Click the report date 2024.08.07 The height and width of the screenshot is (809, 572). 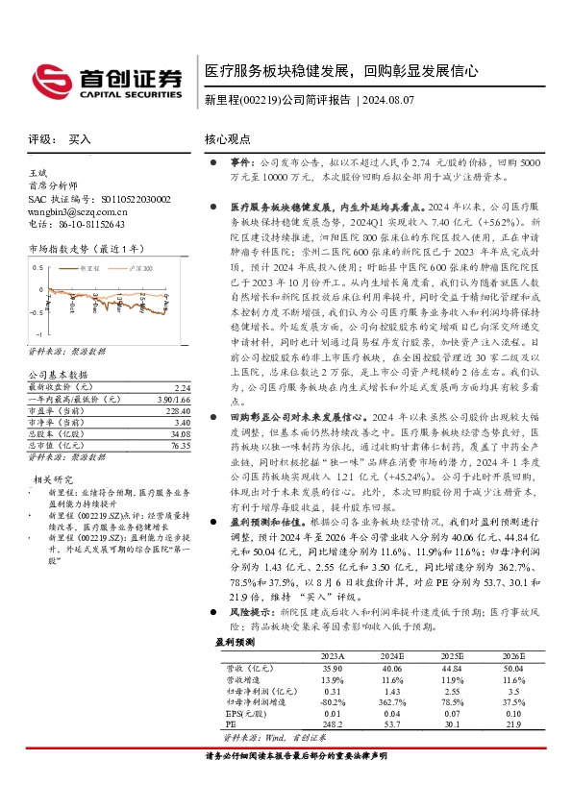pyautogui.click(x=388, y=100)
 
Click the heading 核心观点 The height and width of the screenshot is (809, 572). pyautogui.click(x=229, y=139)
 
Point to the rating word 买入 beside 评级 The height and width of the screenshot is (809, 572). pyautogui.click(x=81, y=139)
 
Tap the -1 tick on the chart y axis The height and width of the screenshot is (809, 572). pyautogui.click(x=37, y=330)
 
